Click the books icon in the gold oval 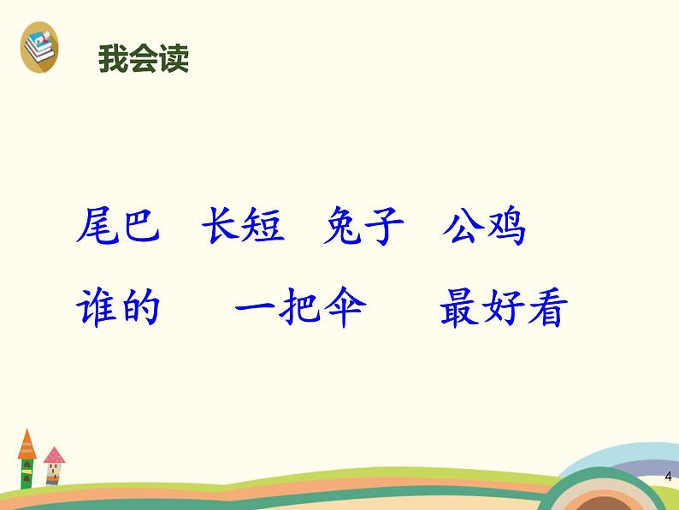39,47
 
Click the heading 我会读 144,58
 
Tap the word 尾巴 118,225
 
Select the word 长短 244,225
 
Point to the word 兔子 363,225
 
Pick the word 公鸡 484,225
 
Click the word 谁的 118,307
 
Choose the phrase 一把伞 300,307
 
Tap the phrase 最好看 504,307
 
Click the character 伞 345,307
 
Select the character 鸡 505,226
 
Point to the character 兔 343,225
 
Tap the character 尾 97,225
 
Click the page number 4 669,477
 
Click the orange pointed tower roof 27,446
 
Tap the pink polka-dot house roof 54,455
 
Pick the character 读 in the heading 174,58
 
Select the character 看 548,307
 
